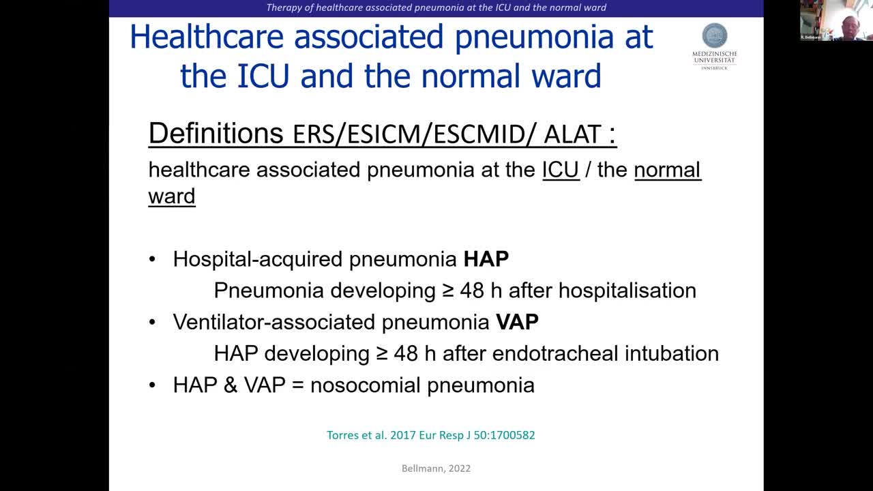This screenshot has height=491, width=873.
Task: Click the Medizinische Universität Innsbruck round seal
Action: pyautogui.click(x=714, y=35)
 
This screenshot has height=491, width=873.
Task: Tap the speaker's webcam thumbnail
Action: pyautogui.click(x=836, y=20)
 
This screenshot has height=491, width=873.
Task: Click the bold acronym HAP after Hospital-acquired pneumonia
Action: pyautogui.click(x=486, y=258)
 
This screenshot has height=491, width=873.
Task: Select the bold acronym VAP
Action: pyautogui.click(x=517, y=322)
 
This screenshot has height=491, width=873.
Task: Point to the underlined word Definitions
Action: pyautogui.click(x=216, y=133)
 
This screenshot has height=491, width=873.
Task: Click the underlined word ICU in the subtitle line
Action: pyautogui.click(x=561, y=170)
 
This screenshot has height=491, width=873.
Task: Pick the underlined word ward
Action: pyautogui.click(x=172, y=196)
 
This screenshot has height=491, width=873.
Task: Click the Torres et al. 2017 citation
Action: pyautogui.click(x=430, y=435)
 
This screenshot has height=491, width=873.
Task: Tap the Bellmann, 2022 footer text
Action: pyautogui.click(x=436, y=468)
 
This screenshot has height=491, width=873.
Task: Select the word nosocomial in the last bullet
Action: pyautogui.click(x=365, y=385)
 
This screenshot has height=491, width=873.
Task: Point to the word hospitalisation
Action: pyautogui.click(x=627, y=291)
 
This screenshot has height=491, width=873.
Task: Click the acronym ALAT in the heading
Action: pyautogui.click(x=572, y=134)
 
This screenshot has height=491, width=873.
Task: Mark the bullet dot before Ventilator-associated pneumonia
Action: pyautogui.click(x=152, y=323)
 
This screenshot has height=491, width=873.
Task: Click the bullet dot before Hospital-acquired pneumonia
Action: pyautogui.click(x=152, y=259)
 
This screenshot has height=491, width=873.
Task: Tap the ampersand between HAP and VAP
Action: pyautogui.click(x=231, y=385)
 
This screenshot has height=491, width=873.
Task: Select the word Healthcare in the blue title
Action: pyautogui.click(x=207, y=37)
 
